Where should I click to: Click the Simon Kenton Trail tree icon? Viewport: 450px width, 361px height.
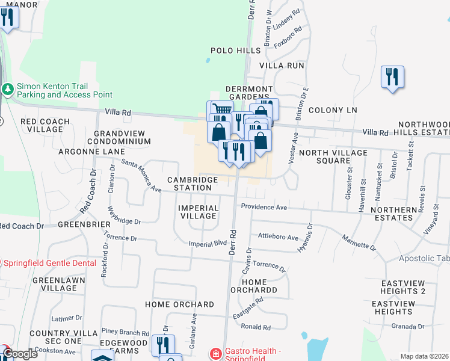(8, 89)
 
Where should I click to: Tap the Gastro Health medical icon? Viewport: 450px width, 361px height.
(215, 354)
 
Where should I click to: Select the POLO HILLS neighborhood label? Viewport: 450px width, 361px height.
(235, 51)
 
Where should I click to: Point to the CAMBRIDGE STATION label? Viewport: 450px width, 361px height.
(190, 184)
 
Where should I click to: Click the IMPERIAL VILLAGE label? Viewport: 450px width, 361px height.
(198, 212)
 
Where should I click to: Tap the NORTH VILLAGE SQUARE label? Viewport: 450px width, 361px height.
(333, 157)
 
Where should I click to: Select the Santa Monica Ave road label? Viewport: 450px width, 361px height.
(141, 176)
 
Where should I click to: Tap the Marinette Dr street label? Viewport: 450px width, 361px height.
(359, 243)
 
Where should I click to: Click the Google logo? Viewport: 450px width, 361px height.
(19, 354)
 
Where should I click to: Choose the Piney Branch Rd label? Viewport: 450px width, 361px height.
(125, 332)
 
